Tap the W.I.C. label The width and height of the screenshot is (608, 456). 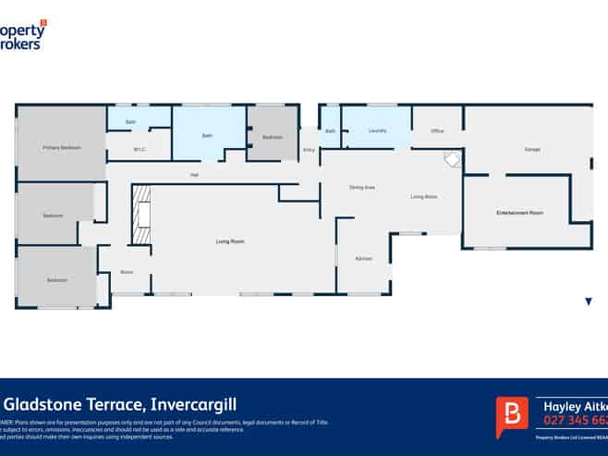point(140,149)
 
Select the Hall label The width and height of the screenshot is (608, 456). point(195,175)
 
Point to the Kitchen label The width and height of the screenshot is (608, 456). point(364,258)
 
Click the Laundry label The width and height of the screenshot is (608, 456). point(377,131)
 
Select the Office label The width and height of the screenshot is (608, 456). point(437,131)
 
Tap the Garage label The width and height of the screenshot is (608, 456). point(531,149)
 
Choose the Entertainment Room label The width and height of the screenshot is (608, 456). point(519,213)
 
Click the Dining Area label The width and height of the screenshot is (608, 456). point(361,188)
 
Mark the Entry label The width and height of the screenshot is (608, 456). point(309,150)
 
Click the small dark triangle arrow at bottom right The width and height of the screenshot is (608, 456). point(588,302)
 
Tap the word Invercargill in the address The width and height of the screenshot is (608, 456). point(188,404)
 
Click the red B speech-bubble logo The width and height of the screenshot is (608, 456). point(511,415)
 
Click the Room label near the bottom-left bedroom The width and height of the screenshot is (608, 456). point(127,272)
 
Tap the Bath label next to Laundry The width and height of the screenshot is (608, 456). point(330,131)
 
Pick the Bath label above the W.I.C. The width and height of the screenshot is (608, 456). point(130,122)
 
